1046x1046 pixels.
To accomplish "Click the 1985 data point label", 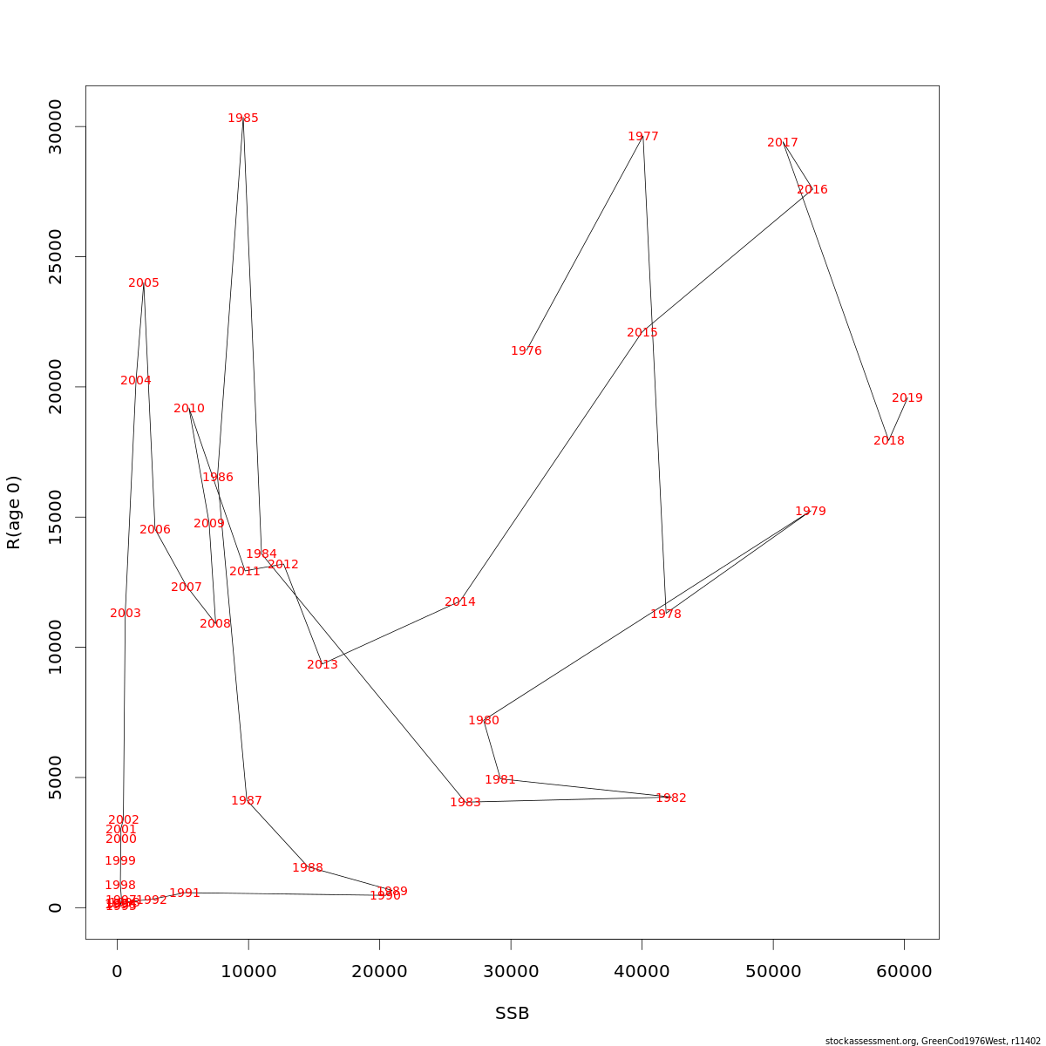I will [x=243, y=119].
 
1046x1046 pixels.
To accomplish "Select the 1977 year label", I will [x=643, y=137].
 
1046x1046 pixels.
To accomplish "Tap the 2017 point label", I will [x=783, y=143].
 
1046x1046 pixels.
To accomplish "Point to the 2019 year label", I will [x=907, y=398].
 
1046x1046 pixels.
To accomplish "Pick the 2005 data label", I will [x=144, y=283].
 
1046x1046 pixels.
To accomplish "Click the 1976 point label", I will [x=526, y=351].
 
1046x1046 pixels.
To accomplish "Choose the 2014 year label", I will [x=460, y=602].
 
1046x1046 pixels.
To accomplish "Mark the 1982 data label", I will [x=671, y=798].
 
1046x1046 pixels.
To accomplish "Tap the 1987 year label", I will [x=247, y=801].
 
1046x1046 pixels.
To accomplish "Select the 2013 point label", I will [x=323, y=665].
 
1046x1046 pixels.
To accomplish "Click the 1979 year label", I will [x=811, y=512].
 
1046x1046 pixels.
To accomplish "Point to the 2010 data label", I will [x=189, y=409].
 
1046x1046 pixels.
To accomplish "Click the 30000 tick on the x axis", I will [x=511, y=972].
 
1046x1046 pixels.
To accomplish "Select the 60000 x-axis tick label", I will [x=904, y=972].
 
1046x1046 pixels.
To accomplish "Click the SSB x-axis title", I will [x=513, y=1014].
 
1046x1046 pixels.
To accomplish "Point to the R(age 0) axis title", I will [x=14, y=513].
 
